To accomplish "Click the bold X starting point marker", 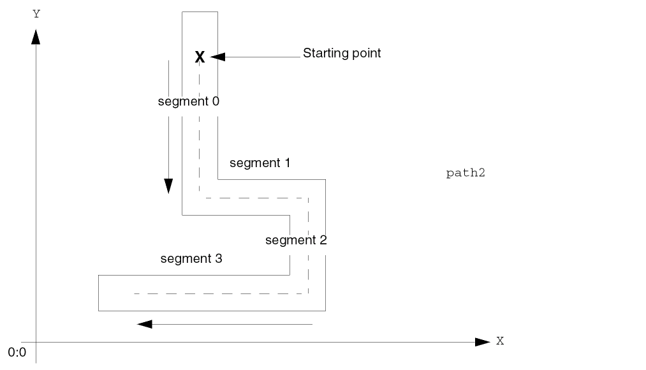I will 200,57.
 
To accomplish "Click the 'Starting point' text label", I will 341,53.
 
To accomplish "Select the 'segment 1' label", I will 260,163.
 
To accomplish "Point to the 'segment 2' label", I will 296,241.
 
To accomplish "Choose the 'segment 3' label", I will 191,259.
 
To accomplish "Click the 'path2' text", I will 466,173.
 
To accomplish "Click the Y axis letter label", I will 36,13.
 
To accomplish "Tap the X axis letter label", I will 500,341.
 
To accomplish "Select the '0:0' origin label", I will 17,352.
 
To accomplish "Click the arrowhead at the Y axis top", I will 36,37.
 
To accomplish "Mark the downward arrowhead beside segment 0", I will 168,186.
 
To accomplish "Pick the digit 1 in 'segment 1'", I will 286,163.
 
